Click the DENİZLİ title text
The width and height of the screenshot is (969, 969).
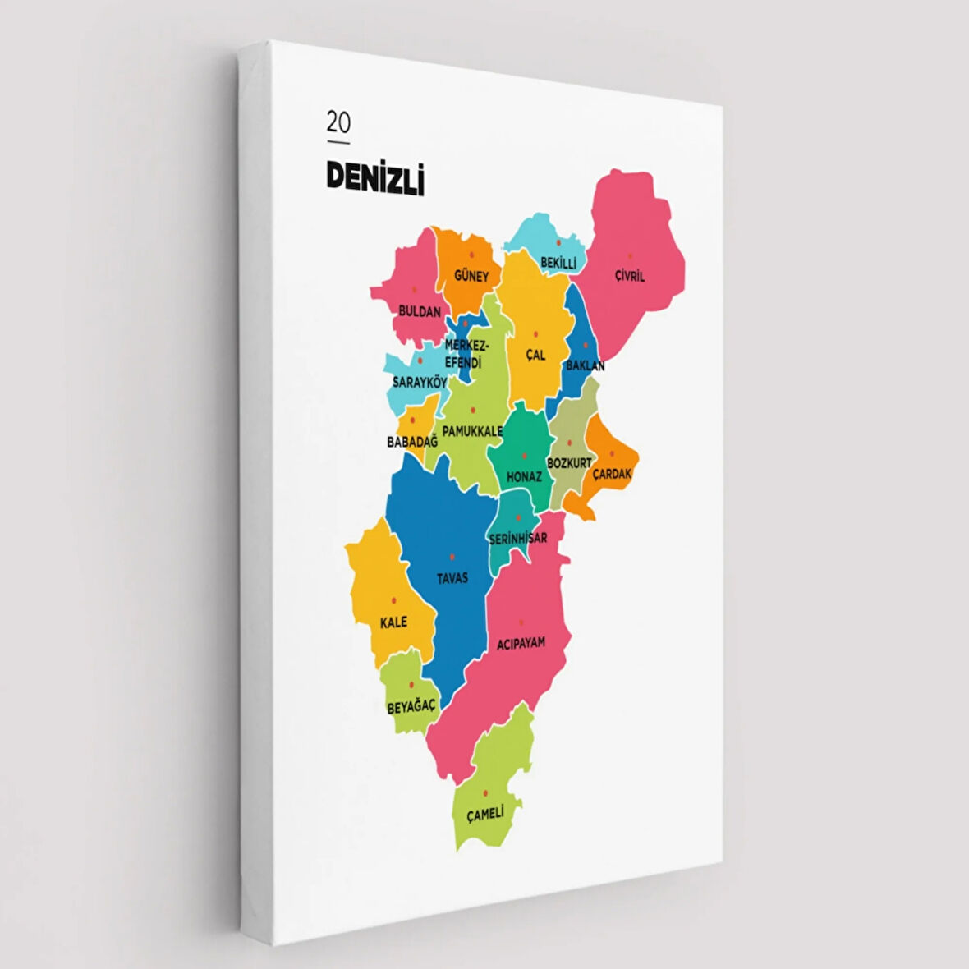pos(375,177)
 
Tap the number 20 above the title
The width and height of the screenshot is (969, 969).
pos(338,122)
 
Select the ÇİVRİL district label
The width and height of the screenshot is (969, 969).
pos(630,276)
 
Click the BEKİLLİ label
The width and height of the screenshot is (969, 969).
pos(558,263)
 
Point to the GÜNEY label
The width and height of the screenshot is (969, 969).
pos(471,276)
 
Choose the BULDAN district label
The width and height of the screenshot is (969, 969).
pos(420,311)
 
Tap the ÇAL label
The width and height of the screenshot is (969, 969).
pos(535,355)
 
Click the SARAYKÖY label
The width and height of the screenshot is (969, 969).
pos(420,382)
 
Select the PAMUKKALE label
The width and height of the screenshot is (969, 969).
pos(472,430)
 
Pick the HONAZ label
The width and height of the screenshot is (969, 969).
pos(524,476)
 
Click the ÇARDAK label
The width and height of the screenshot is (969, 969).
pos(612,474)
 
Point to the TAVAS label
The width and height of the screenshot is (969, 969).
pos(452,577)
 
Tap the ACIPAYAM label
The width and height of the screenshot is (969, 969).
pos(521,643)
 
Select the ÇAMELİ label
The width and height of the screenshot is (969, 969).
pos(485,814)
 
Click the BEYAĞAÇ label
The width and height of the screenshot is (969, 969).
pos(411,706)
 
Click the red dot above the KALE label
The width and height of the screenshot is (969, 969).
pos(394,600)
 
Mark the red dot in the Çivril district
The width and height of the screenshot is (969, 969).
pos(630,256)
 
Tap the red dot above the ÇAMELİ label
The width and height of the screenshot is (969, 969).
pos(485,792)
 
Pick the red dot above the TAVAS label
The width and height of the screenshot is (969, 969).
pos(452,557)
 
